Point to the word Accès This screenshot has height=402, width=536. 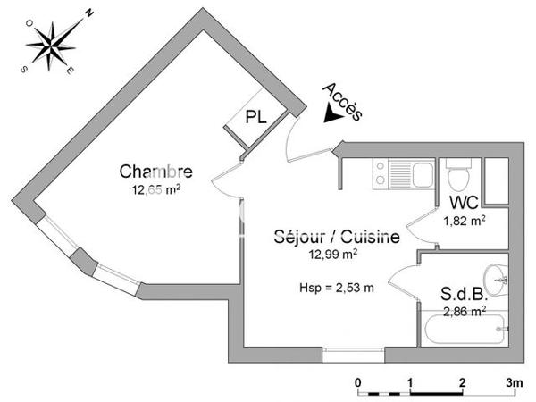pyautogui.click(x=343, y=101)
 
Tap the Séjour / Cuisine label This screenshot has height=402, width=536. pyautogui.click(x=336, y=238)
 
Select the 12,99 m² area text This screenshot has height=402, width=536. pyautogui.click(x=334, y=254)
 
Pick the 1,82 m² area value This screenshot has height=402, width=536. pyautogui.click(x=465, y=220)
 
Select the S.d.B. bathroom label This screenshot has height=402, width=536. pyautogui.click(x=464, y=294)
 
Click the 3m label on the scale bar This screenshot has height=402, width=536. pyautogui.click(x=513, y=382)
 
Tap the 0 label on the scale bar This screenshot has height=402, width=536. pyautogui.click(x=358, y=382)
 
